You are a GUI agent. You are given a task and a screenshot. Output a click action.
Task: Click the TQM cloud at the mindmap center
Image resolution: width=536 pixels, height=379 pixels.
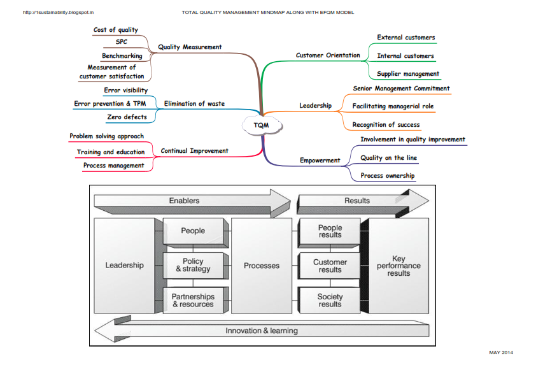[261, 125]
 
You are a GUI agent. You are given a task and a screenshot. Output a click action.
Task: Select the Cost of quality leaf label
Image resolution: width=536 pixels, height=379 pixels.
[115, 30]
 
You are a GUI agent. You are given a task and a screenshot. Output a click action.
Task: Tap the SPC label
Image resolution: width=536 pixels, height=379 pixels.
[121, 42]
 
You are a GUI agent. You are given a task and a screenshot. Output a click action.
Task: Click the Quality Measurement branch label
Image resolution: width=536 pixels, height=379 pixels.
[190, 47]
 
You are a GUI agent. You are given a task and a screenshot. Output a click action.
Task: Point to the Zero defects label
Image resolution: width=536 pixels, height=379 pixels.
[126, 117]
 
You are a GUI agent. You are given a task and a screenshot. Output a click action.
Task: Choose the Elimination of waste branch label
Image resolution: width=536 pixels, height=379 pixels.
[194, 104]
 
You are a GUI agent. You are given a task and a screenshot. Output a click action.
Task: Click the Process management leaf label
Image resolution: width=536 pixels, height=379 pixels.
[114, 166]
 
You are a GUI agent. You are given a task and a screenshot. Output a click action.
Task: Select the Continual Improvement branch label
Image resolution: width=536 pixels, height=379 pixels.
[194, 151]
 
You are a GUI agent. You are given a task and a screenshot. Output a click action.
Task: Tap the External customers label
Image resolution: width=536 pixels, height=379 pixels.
[406, 38]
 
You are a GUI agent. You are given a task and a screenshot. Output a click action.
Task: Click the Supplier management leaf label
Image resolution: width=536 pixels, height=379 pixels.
[408, 74]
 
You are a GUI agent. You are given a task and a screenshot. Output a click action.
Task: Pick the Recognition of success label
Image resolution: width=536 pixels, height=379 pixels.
[386, 125]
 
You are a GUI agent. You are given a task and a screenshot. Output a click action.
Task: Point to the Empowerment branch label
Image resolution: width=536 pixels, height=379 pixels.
[320, 161]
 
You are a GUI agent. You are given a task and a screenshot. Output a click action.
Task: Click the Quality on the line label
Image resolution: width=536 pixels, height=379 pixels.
[388, 158]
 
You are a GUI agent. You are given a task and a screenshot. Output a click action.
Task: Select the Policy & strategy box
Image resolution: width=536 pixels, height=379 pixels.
[193, 265]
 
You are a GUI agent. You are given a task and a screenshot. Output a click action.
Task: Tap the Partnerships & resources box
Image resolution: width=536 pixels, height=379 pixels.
[193, 301]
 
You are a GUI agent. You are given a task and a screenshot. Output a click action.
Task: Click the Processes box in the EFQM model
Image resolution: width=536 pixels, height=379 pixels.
[262, 266]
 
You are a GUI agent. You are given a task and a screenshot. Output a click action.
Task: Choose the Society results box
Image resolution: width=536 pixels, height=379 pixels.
[330, 301]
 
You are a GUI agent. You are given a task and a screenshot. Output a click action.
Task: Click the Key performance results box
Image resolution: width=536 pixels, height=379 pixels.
[398, 266]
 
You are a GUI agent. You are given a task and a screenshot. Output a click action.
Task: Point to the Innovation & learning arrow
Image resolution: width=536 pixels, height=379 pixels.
[261, 331]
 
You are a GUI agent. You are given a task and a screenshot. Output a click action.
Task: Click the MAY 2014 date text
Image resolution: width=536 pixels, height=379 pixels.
[500, 352]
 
